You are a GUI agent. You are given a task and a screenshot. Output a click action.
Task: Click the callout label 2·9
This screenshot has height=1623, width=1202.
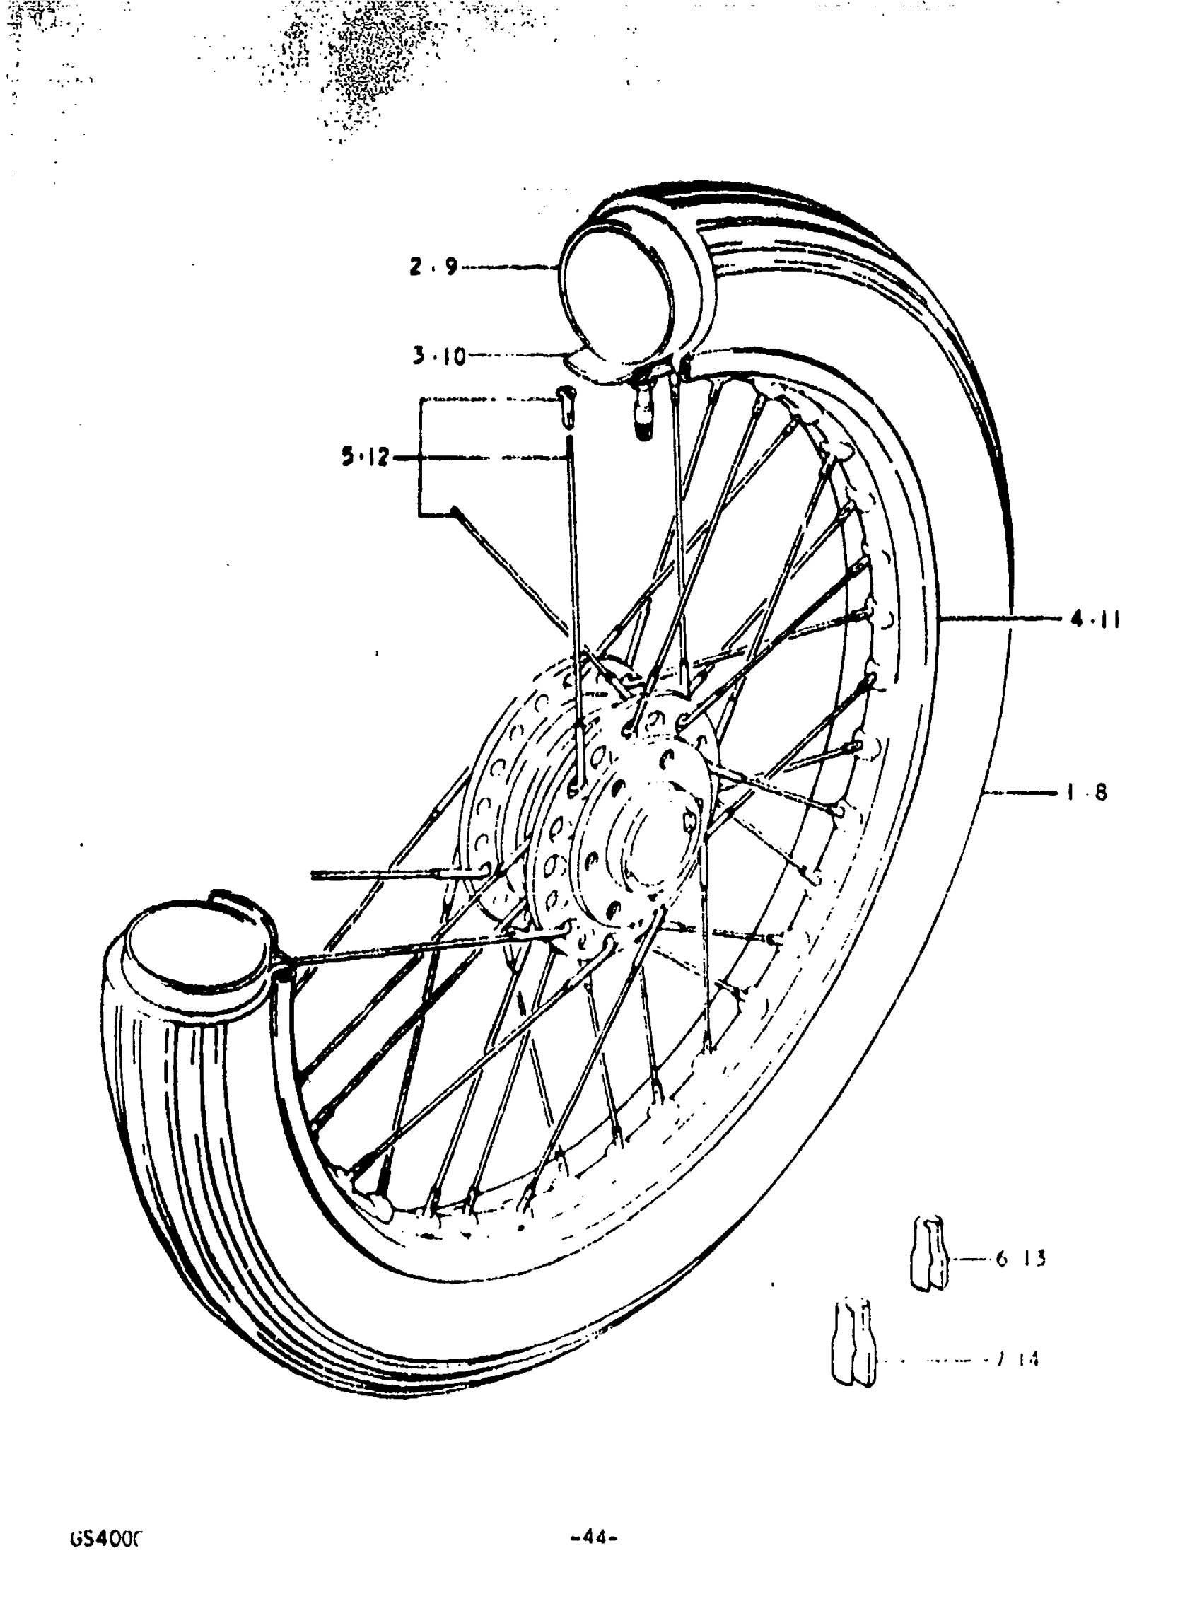433,267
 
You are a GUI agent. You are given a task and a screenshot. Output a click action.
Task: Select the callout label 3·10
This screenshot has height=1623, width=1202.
440,356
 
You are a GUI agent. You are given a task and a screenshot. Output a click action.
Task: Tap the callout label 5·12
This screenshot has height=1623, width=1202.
366,458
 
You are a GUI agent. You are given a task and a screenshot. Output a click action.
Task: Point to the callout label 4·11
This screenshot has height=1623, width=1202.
1094,619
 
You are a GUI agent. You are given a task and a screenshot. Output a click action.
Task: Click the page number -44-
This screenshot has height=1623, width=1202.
595,1539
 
